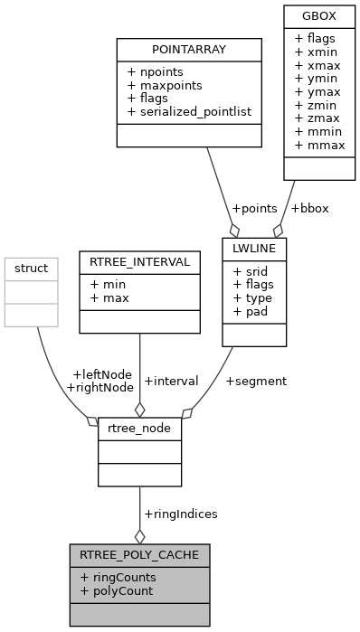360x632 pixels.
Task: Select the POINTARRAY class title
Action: point(189,50)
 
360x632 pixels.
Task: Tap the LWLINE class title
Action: point(254,247)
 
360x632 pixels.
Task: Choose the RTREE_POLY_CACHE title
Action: point(140,554)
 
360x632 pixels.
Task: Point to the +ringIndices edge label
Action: point(180,514)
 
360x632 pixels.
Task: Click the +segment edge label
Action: point(256,381)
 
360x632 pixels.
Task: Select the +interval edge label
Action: point(170,381)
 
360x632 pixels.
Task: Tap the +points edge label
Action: point(252,208)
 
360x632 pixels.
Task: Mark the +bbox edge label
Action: point(309,208)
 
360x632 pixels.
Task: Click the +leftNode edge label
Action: point(101,373)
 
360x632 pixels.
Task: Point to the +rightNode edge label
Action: point(99,387)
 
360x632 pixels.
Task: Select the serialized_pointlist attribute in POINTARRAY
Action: point(194,112)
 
